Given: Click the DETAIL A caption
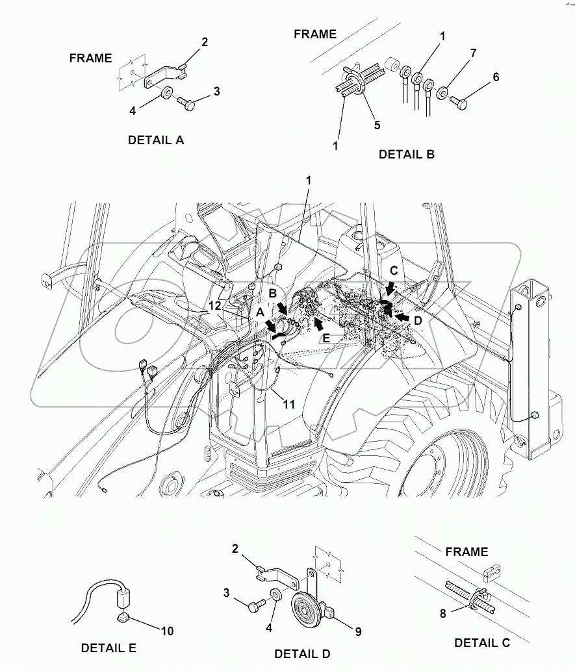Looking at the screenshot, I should pos(156,140).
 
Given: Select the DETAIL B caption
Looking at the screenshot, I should pos(407,154).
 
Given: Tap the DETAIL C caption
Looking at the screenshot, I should pos(482,642).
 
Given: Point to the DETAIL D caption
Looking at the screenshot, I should pos(303,653).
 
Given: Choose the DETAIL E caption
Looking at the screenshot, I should pos(109,648).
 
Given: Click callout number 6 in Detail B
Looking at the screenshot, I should pos(496,77).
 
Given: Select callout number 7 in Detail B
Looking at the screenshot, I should pos(473,53).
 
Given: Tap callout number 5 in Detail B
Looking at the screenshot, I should pos(377,125).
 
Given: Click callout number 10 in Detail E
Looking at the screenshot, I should pos(166,629).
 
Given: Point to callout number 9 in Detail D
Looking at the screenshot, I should pos(358,631).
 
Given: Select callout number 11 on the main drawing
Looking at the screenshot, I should pos(289,404).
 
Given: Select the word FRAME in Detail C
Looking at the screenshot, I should pos(466,551).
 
